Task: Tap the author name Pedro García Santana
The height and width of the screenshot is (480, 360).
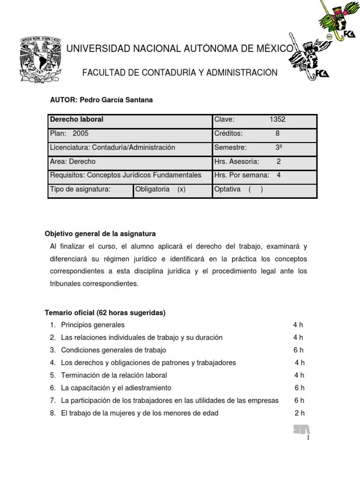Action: click(x=116, y=100)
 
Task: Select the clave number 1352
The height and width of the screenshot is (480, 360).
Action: click(x=277, y=120)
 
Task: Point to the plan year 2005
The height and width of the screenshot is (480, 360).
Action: click(x=80, y=134)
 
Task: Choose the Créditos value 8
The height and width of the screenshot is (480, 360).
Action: click(x=277, y=134)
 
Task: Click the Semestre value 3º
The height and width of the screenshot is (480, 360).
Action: click(x=278, y=147)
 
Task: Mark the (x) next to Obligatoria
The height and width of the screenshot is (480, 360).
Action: click(x=181, y=189)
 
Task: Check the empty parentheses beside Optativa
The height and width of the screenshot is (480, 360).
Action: click(x=255, y=189)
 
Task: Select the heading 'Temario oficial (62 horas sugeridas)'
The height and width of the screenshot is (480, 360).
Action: click(x=105, y=313)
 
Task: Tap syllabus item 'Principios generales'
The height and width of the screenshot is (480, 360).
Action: click(x=93, y=325)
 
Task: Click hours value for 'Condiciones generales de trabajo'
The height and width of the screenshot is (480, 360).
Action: click(x=299, y=350)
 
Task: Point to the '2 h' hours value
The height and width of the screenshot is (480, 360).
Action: click(x=299, y=413)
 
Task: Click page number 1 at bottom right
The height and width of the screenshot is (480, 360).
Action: click(x=308, y=438)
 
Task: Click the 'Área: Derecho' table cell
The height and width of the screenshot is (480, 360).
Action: click(x=73, y=161)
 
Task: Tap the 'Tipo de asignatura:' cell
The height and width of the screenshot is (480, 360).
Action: click(x=80, y=189)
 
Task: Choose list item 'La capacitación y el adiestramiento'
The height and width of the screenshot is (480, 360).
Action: click(x=116, y=388)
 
